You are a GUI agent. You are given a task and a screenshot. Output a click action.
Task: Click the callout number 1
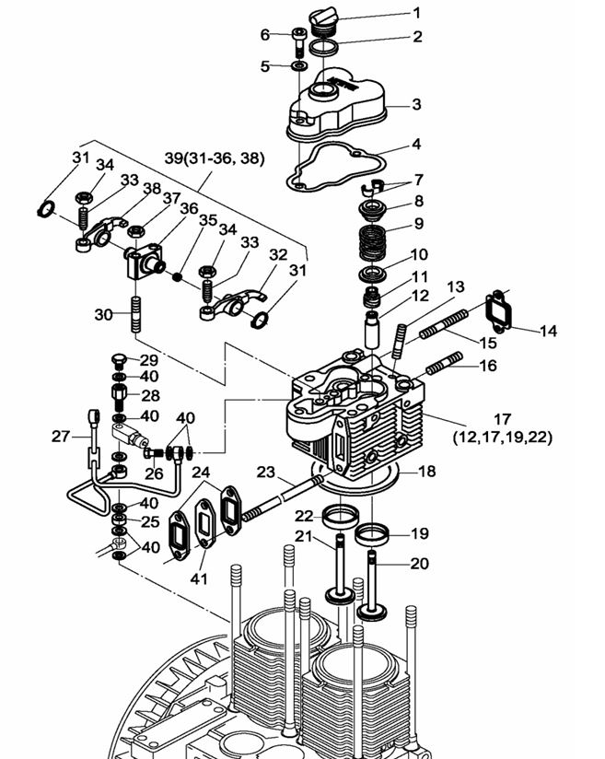pos(416,13)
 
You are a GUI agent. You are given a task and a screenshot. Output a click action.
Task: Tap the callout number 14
pos(548,331)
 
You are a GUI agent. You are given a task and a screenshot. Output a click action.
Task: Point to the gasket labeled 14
pos(499,308)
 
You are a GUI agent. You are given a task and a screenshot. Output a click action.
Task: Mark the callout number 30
pos(104,315)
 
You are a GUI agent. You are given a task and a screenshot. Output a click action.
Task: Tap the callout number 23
pos(266,472)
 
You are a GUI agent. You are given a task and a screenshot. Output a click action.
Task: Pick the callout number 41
pos(199,579)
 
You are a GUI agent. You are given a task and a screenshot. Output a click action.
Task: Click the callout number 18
pos(427,472)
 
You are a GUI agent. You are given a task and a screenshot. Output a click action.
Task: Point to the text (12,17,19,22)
pos(503,438)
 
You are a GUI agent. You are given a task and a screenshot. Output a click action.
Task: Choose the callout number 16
pos(487,366)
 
